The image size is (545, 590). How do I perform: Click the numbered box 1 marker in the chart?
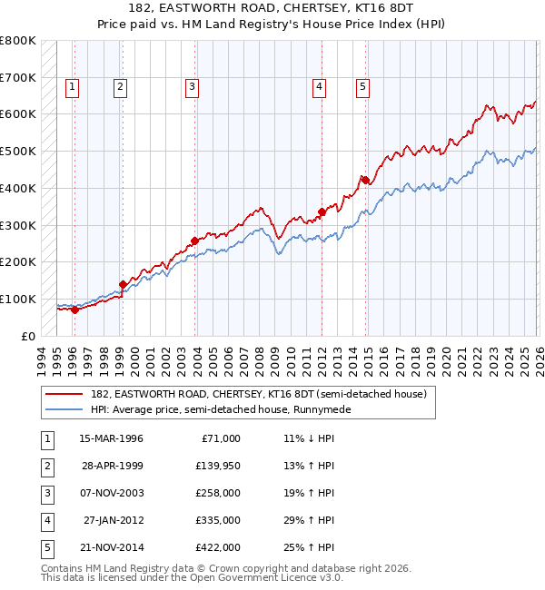tap(73, 87)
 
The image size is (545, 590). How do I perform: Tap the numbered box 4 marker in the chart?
tap(320, 87)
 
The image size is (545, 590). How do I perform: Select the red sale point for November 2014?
tap(365, 180)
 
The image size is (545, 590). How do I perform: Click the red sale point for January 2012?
tap(322, 211)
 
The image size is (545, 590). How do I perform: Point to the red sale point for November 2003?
tap(194, 241)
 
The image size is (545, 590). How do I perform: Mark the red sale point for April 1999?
tap(123, 284)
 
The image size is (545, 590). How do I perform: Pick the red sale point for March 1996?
tap(74, 310)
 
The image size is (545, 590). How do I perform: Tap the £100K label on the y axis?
tap(18, 299)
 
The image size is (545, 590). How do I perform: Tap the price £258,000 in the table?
tap(219, 493)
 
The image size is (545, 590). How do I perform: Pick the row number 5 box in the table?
tap(45, 547)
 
